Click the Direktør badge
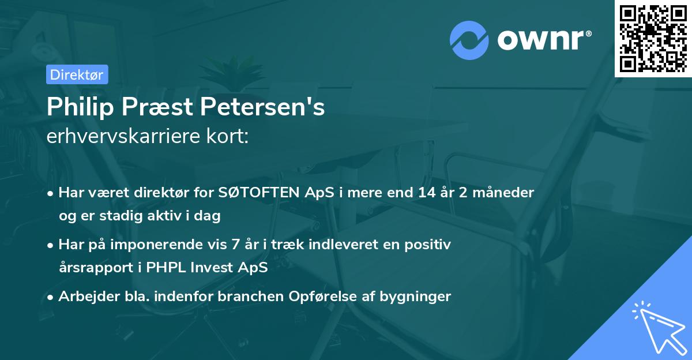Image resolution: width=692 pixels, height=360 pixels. [x=77, y=74]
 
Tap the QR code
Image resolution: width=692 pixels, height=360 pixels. [x=653, y=38]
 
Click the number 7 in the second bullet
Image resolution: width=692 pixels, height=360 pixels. [x=235, y=245]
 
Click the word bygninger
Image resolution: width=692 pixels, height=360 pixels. [x=415, y=297]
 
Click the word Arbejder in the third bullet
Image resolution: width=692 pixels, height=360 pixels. [x=84, y=297]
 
